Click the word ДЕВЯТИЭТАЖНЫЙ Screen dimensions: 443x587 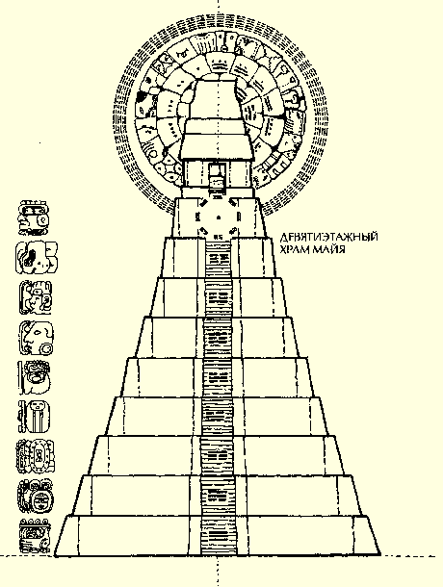pyautogui.click(x=328, y=237)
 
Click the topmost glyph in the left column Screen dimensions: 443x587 pyautogui.click(x=35, y=217)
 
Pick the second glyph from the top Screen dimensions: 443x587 pyautogui.click(x=37, y=258)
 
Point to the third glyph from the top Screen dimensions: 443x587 pyautogui.click(x=36, y=297)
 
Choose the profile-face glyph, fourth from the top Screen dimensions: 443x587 pyautogui.click(x=37, y=338)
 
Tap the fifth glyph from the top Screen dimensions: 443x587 pyautogui.click(x=35, y=377)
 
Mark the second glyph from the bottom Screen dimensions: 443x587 pyautogui.click(x=36, y=497)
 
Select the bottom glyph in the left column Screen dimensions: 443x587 pyautogui.click(x=35, y=536)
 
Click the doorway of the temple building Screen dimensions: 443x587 pyautogui.click(x=218, y=177)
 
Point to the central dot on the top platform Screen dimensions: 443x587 pyautogui.click(x=219, y=217)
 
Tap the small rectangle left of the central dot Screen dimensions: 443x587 pyautogui.click(x=197, y=217)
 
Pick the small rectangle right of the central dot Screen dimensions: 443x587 pyautogui.click(x=239, y=217)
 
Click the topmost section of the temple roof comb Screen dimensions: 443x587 pyautogui.click(x=216, y=98)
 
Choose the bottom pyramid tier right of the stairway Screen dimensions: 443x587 pyautogui.click(x=308, y=536)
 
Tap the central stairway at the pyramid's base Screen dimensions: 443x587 pyautogui.click(x=220, y=536)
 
